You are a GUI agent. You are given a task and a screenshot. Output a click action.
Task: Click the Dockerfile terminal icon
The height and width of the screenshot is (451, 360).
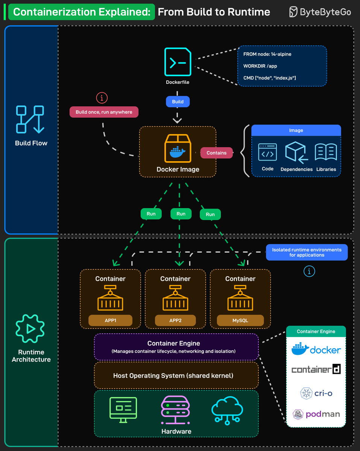coord(178,62)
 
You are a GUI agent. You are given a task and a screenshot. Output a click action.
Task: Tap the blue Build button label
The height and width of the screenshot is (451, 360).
coord(178,101)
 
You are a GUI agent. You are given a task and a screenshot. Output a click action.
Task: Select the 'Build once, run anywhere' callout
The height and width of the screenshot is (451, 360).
coord(104,112)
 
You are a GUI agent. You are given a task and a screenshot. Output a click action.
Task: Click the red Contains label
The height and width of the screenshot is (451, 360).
coord(216,153)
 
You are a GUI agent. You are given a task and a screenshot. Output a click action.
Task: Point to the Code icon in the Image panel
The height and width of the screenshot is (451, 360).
coord(267,152)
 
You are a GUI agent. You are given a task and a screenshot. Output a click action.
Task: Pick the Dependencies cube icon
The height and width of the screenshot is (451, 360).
coord(296,152)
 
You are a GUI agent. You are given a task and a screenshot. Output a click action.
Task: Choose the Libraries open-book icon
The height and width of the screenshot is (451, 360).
coord(326,152)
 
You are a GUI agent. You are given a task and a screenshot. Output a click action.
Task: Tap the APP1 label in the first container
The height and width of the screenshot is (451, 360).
coord(110,321)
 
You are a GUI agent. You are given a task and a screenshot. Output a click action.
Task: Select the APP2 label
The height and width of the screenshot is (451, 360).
coord(175,321)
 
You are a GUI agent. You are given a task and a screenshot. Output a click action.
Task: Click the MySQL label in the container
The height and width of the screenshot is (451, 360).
coord(240,321)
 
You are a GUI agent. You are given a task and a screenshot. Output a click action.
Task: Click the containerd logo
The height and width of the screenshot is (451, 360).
coord(316,369)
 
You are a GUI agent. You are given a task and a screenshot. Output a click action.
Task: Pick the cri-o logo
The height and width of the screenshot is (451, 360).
coord(316,393)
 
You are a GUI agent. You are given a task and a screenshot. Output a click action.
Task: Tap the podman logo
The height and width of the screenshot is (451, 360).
coord(316,414)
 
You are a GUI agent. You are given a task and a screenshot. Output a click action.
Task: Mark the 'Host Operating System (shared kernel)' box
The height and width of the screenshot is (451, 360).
coord(176,375)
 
